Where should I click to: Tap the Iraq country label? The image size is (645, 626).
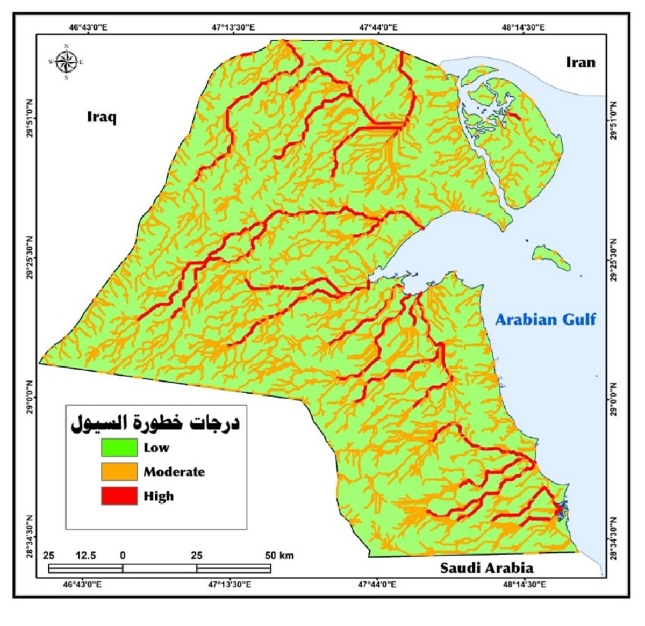102,117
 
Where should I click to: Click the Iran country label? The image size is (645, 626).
580,62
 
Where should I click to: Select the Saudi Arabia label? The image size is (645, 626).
486,568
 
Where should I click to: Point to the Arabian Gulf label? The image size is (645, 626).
545,320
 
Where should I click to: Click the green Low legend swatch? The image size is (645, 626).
119,447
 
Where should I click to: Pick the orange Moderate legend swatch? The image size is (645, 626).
119,472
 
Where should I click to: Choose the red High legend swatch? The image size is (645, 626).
119,495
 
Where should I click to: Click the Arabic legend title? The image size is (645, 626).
155,423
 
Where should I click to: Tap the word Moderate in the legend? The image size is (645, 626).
174,472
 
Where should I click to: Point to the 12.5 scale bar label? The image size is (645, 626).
86,556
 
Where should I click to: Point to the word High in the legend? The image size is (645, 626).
159,496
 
